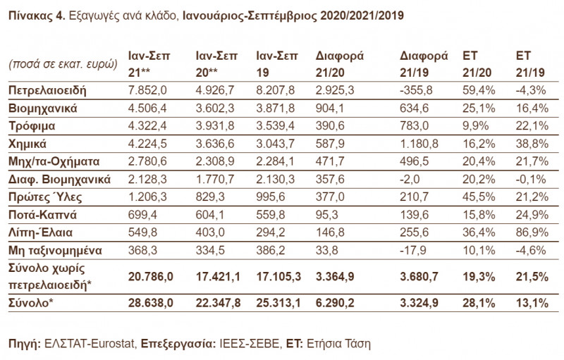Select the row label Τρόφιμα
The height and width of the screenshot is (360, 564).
point(32,127)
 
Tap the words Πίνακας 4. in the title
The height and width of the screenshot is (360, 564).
point(33,15)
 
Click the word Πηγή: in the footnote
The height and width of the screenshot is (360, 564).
point(23,344)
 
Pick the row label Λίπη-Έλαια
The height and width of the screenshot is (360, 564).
point(39,232)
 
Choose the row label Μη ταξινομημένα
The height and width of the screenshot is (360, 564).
point(55,250)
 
